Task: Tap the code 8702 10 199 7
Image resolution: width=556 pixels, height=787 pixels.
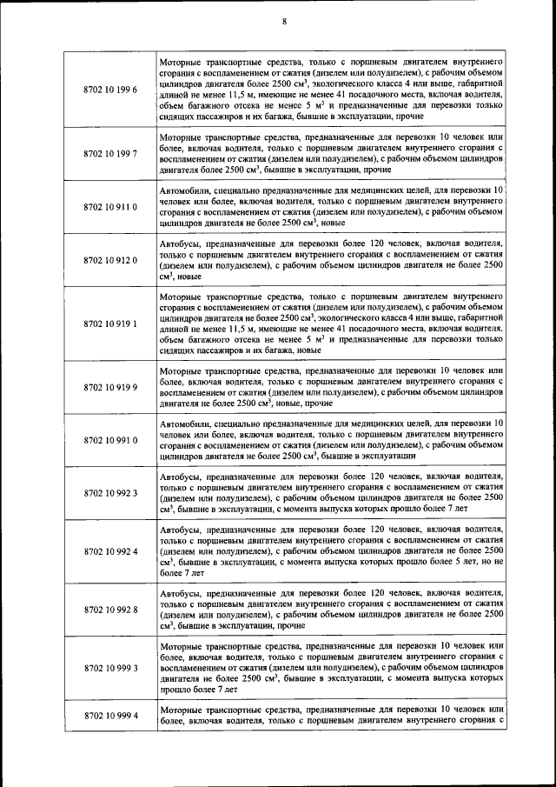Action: pyautogui.click(x=111, y=154)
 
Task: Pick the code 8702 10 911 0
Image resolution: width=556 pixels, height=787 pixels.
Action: pyautogui.click(x=111, y=207)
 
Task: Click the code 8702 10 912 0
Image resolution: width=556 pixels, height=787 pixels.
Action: pyautogui.click(x=111, y=260)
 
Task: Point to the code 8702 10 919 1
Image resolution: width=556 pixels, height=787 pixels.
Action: pyautogui.click(x=111, y=323)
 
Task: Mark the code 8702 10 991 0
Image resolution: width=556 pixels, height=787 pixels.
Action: pyautogui.click(x=111, y=440)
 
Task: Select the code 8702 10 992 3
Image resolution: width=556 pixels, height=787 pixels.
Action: pyautogui.click(x=111, y=493)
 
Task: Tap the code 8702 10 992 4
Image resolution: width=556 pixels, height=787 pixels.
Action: pyautogui.click(x=111, y=551)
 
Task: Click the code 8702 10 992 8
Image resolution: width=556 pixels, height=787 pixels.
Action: pyautogui.click(x=111, y=609)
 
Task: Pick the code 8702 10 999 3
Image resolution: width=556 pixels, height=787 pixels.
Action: pyautogui.click(x=111, y=668)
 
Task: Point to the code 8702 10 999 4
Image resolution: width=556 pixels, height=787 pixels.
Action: pyautogui.click(x=111, y=715)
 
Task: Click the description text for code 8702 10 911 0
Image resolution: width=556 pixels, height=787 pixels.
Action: pyautogui.click(x=331, y=207)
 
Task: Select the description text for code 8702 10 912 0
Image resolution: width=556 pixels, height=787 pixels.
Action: pyautogui.click(x=331, y=260)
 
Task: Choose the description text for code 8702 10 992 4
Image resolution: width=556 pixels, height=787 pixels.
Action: pyautogui.click(x=331, y=551)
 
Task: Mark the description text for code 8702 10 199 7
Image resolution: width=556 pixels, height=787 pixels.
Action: pyautogui.click(x=331, y=154)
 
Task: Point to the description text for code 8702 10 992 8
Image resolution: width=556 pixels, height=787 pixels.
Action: pyautogui.click(x=331, y=609)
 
